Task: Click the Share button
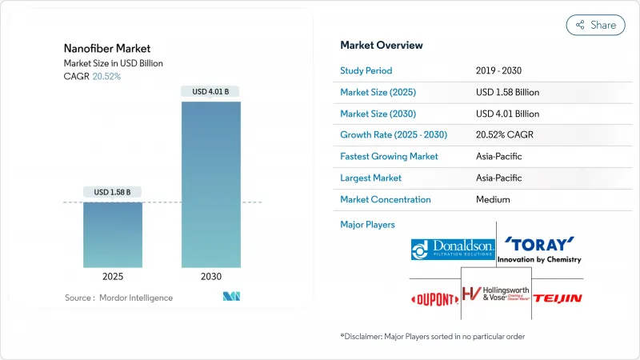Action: pos(596,25)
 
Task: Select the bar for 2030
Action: pos(211,184)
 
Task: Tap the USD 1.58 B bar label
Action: pos(113,192)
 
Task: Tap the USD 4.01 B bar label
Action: pos(211,91)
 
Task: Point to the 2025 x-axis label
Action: pos(113,276)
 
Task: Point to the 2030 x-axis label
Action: pos(211,276)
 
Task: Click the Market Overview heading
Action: pos(382,45)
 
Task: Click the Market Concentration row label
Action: pos(386,199)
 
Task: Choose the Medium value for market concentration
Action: pos(493,199)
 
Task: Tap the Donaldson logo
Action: pos(452,249)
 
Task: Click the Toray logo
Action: pos(539,249)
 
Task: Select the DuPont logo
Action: pos(434,298)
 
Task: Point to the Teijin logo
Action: pos(558,298)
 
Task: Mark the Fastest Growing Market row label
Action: pos(389,157)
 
